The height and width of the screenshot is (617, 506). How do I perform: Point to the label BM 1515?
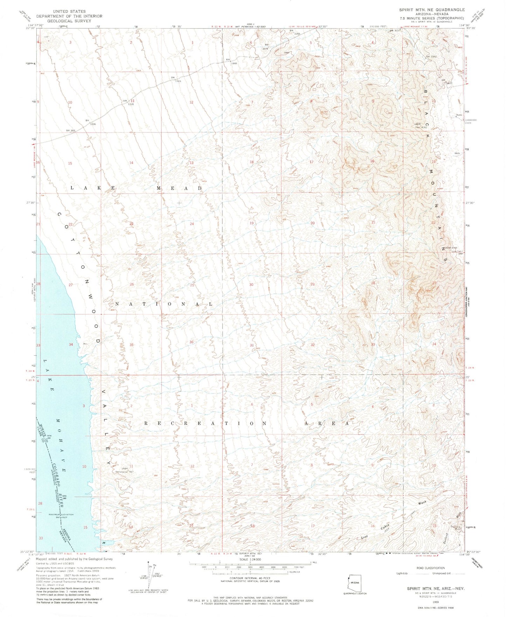coord(175,80)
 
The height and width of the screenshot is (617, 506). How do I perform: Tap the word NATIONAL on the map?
coord(163,304)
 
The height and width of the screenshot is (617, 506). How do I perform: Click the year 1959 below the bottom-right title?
coord(435,602)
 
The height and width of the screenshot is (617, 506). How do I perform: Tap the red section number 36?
coord(191,342)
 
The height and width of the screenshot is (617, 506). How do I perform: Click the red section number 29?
coord(312,284)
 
